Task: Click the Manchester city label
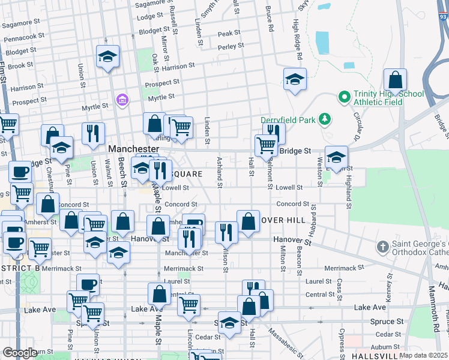(x=133, y=148)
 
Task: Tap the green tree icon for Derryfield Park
(x=325, y=119)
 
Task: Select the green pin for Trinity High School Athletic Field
(x=345, y=96)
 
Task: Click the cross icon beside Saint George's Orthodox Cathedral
(x=382, y=247)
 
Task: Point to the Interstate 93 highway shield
(x=442, y=16)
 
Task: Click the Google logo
(x=20, y=353)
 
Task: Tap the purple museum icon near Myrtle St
(x=122, y=98)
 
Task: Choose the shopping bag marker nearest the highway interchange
(x=396, y=80)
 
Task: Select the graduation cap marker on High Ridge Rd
(x=295, y=80)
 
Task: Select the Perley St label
(x=231, y=46)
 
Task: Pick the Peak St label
(x=229, y=34)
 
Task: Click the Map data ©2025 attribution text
(x=423, y=355)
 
